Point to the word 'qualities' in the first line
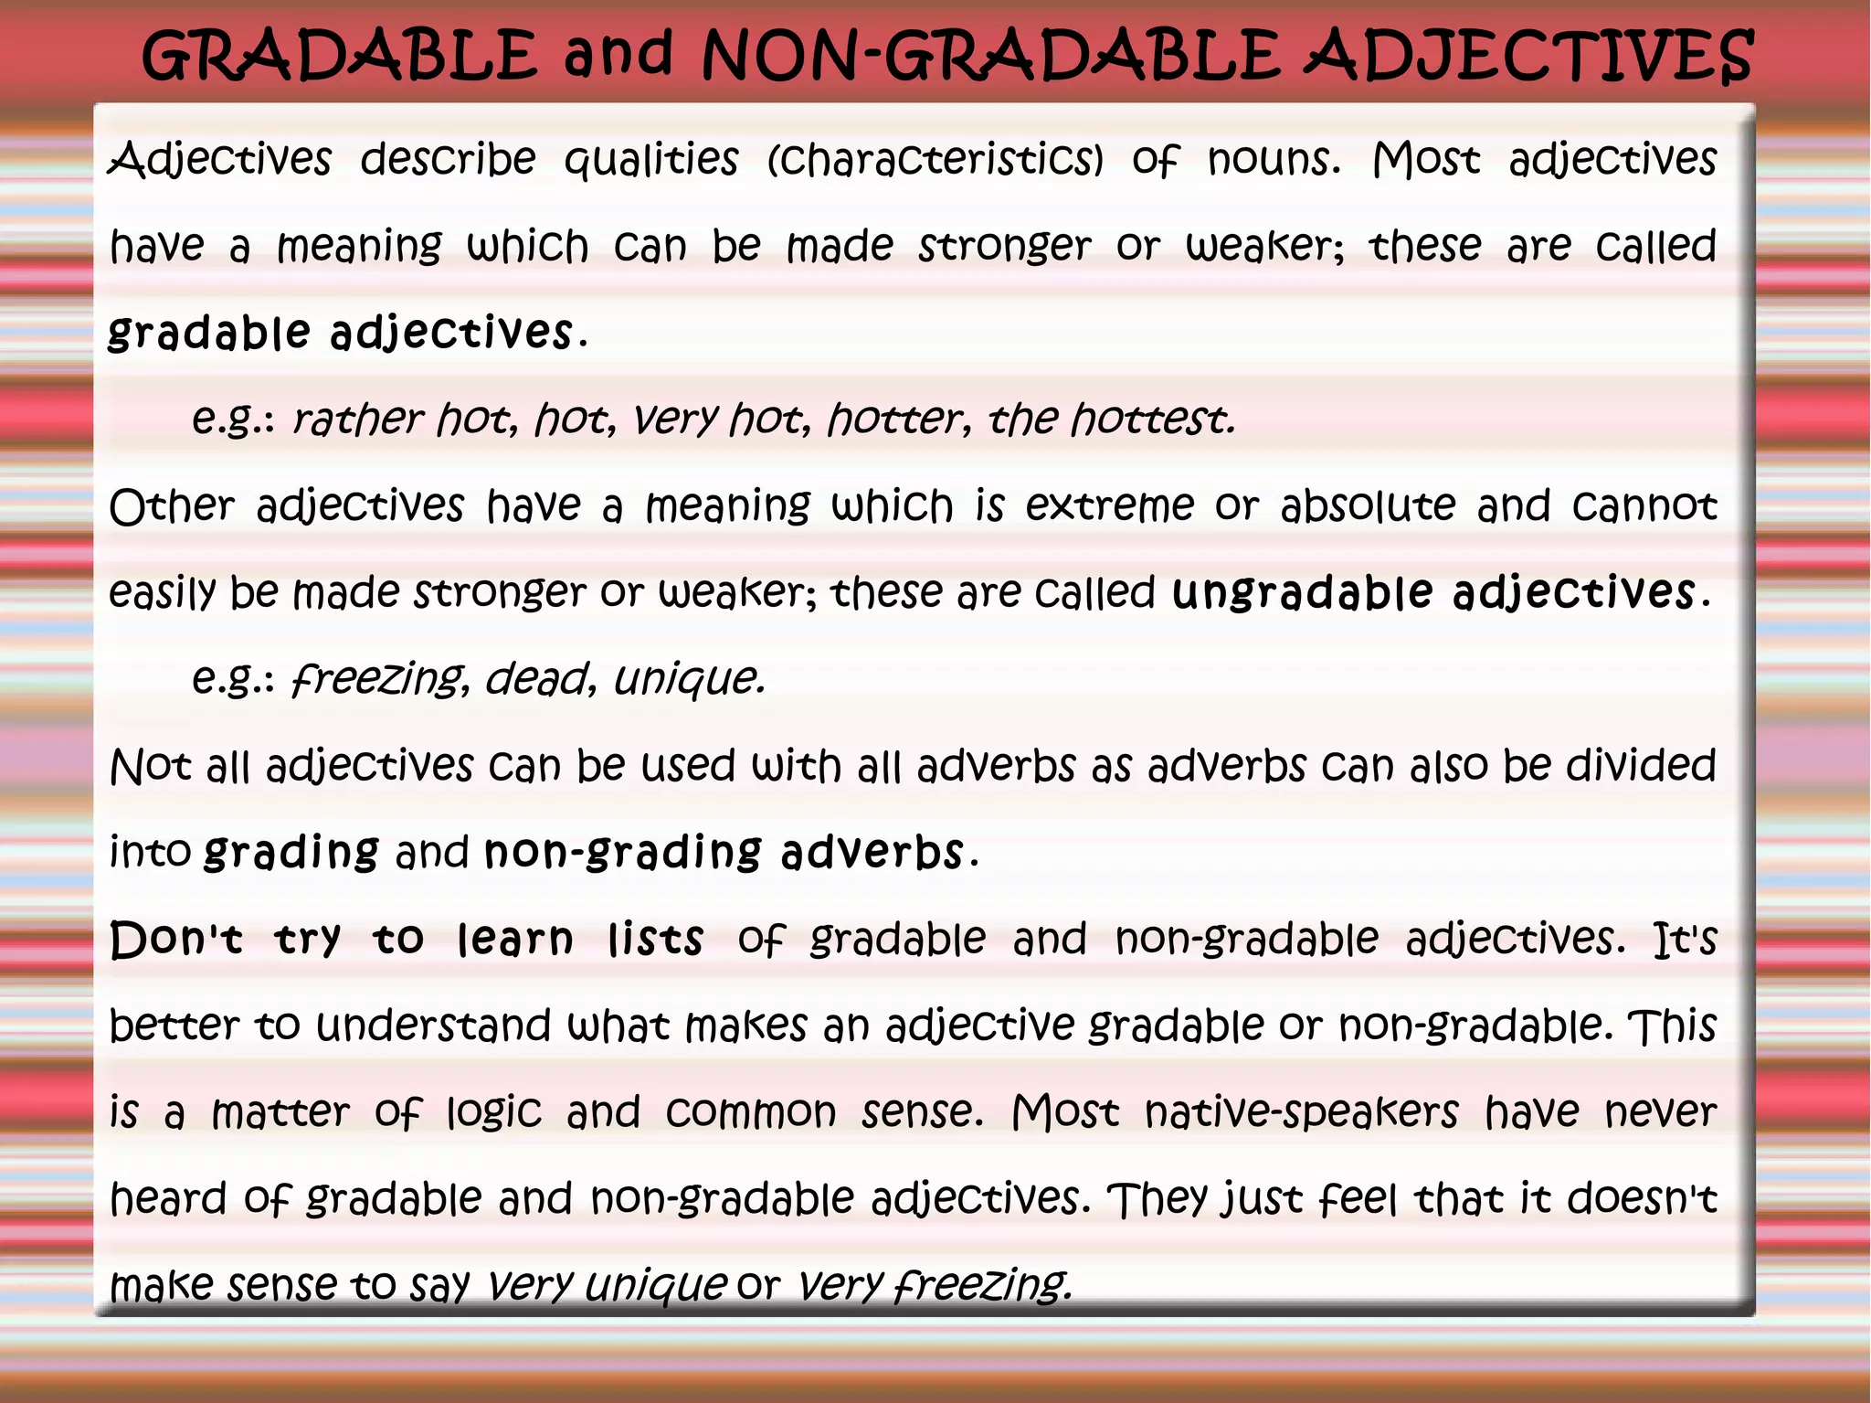[650, 161]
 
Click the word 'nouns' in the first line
[1274, 160]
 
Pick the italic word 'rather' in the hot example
[357, 420]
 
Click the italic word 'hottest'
[1153, 420]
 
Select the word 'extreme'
[1109, 505]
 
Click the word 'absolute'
[1368, 505]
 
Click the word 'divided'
[1641, 765]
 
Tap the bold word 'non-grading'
[622, 852]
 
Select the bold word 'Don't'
[176, 939]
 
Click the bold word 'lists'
[656, 939]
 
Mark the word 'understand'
[433, 1026]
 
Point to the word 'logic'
[493, 1112]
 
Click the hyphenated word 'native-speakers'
[1301, 1112]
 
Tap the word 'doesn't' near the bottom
[1642, 1198]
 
